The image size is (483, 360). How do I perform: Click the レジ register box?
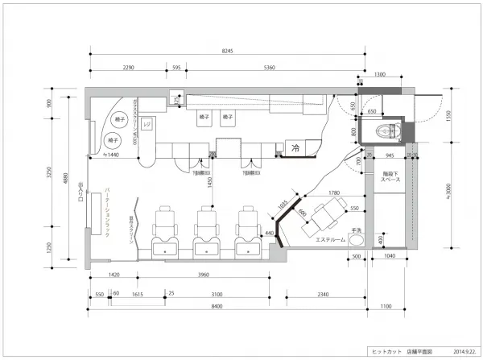coord(147,125)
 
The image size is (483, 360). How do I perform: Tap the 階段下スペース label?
coord(382,178)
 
